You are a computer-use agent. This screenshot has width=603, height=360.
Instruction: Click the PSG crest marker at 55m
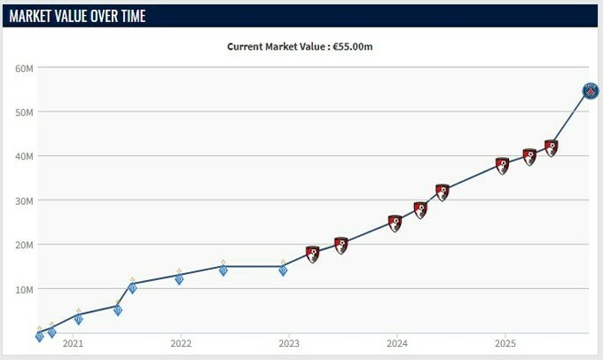click(591, 90)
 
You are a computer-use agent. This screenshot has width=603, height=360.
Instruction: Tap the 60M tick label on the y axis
click(24, 67)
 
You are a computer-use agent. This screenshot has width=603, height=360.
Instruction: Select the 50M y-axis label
click(24, 112)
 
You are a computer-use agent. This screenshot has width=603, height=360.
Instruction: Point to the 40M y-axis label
click(24, 156)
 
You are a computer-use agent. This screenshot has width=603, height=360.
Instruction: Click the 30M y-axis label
click(24, 200)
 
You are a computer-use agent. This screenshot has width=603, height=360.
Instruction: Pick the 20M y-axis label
click(24, 245)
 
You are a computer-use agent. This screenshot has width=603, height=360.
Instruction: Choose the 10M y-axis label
click(24, 289)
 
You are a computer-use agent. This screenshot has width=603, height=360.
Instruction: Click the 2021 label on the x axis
click(73, 344)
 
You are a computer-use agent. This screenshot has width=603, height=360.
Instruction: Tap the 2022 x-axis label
click(181, 344)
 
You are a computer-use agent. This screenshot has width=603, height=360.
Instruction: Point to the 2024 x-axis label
click(397, 344)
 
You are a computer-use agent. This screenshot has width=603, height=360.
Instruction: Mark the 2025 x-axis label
click(505, 344)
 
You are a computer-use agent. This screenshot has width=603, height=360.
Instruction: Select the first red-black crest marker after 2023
click(312, 254)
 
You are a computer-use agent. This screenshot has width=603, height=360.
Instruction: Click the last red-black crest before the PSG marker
click(552, 148)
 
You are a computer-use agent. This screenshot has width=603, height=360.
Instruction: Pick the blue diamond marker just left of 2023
click(283, 270)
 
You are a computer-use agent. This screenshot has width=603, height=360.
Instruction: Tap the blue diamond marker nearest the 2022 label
click(179, 278)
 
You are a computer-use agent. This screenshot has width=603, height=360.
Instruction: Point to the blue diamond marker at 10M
click(132, 287)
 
